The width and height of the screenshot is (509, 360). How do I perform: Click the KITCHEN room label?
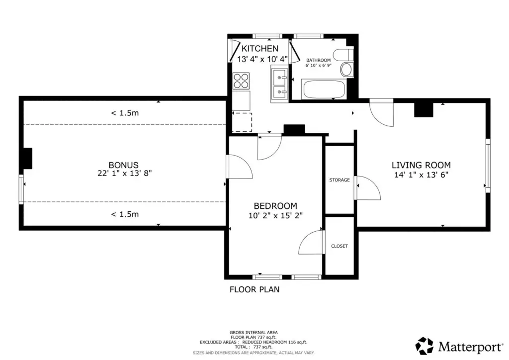click(259, 49)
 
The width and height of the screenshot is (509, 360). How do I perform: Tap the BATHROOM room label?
click(318, 60)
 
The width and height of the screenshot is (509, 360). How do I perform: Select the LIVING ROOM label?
click(421, 165)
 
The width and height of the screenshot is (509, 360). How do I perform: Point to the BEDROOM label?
click(275, 206)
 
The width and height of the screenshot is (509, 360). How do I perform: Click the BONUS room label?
click(123, 165)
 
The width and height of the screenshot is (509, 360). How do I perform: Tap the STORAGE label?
click(339, 180)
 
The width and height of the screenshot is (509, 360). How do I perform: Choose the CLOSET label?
click(339, 246)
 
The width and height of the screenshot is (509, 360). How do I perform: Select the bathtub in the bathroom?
click(324, 90)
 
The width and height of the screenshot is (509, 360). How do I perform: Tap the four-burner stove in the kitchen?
click(242, 81)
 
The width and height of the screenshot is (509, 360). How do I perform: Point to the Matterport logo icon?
click(424, 345)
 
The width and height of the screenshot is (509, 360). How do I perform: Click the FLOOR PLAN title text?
click(254, 289)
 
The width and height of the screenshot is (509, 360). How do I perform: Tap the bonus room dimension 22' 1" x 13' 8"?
click(123, 174)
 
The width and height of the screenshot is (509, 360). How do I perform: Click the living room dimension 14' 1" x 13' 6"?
click(421, 175)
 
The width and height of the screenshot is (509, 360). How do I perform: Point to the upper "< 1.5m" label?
click(125, 113)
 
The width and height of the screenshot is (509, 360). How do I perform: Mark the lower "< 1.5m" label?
click(125, 214)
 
